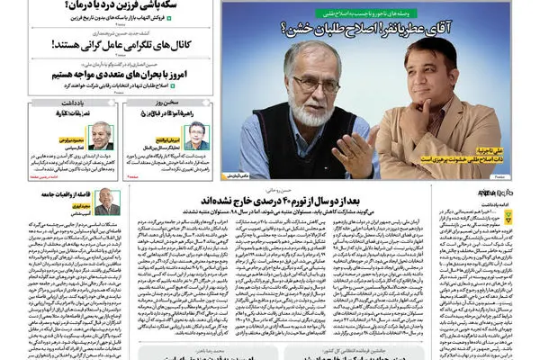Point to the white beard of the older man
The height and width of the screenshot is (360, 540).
[306, 112]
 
